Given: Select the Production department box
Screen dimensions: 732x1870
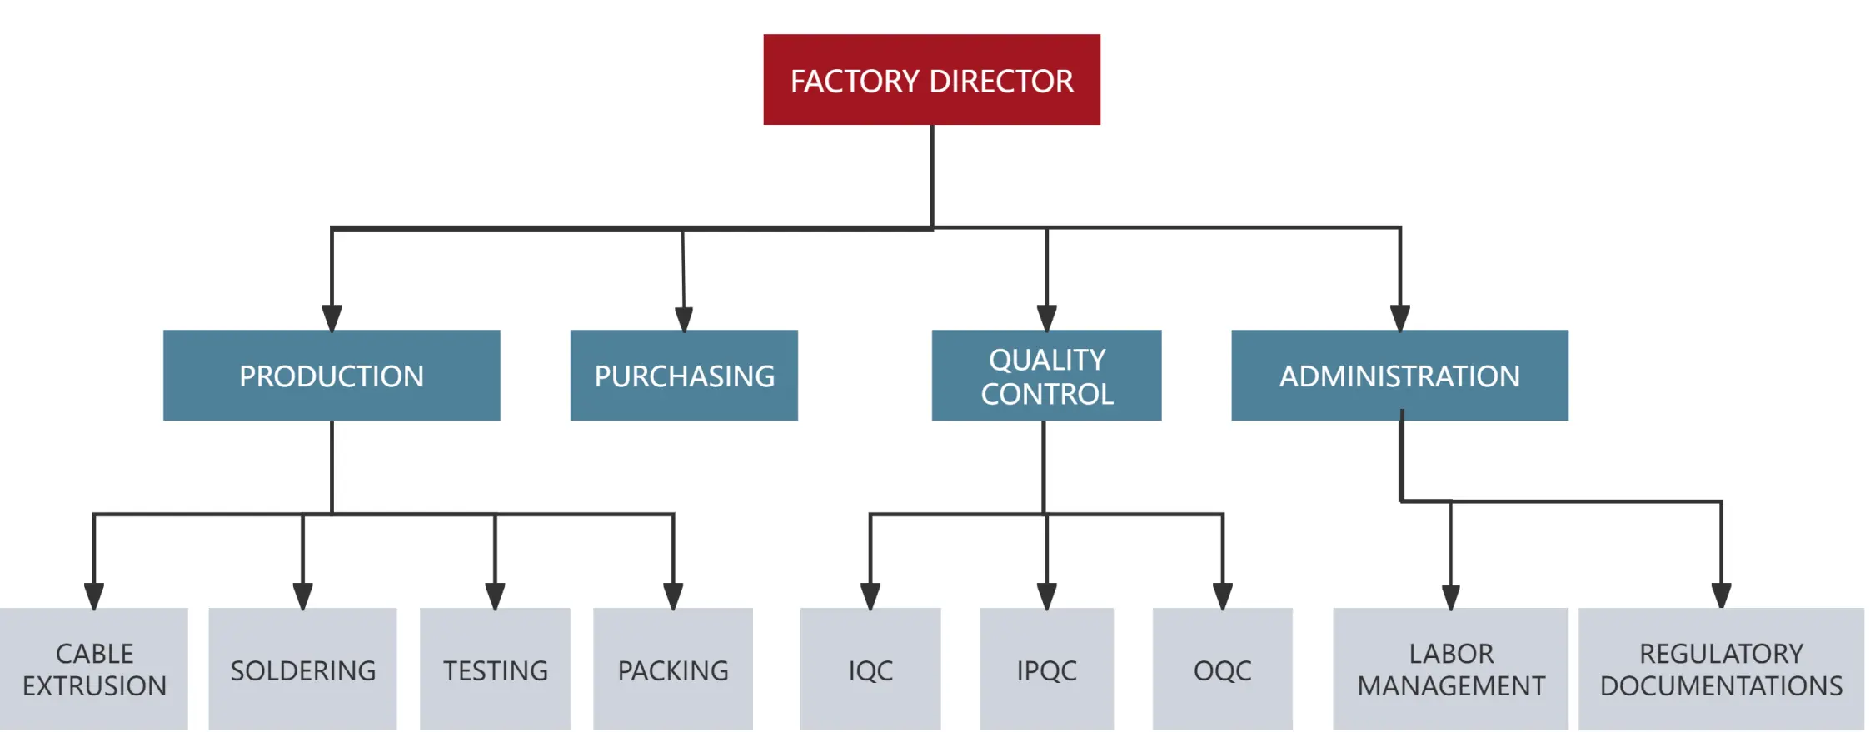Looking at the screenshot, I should [x=332, y=376].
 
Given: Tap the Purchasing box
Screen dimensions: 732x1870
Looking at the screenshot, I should [x=684, y=376].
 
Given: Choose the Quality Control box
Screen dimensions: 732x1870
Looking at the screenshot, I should [x=1046, y=376].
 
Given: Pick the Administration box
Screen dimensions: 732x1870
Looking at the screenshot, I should [x=1399, y=376].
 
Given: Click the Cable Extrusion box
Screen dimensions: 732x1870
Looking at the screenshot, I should [x=94, y=669].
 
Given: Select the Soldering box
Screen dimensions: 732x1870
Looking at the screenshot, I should [x=302, y=669].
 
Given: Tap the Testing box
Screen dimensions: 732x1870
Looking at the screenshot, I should [x=495, y=669].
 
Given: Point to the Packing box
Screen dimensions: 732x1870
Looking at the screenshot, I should [x=673, y=669].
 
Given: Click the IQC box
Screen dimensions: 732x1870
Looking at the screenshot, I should [x=870, y=669].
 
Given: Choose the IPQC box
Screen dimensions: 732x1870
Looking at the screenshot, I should [x=1046, y=669].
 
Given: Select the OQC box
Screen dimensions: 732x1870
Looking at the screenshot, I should [x=1222, y=669].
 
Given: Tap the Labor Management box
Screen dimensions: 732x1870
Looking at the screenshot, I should [x=1450, y=669].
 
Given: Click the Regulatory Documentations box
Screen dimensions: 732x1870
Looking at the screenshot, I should [x=1721, y=669].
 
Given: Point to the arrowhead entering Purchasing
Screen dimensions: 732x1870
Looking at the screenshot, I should [x=684, y=320].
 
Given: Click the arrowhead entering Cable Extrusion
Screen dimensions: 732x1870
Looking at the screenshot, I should [x=94, y=596].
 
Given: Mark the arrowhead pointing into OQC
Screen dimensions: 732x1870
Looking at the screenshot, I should [x=1222, y=596].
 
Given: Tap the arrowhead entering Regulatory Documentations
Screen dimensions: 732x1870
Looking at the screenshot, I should [x=1721, y=595].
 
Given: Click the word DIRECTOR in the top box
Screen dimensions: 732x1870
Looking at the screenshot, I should [x=1001, y=82].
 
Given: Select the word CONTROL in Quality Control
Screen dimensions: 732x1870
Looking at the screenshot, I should [x=1046, y=394].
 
